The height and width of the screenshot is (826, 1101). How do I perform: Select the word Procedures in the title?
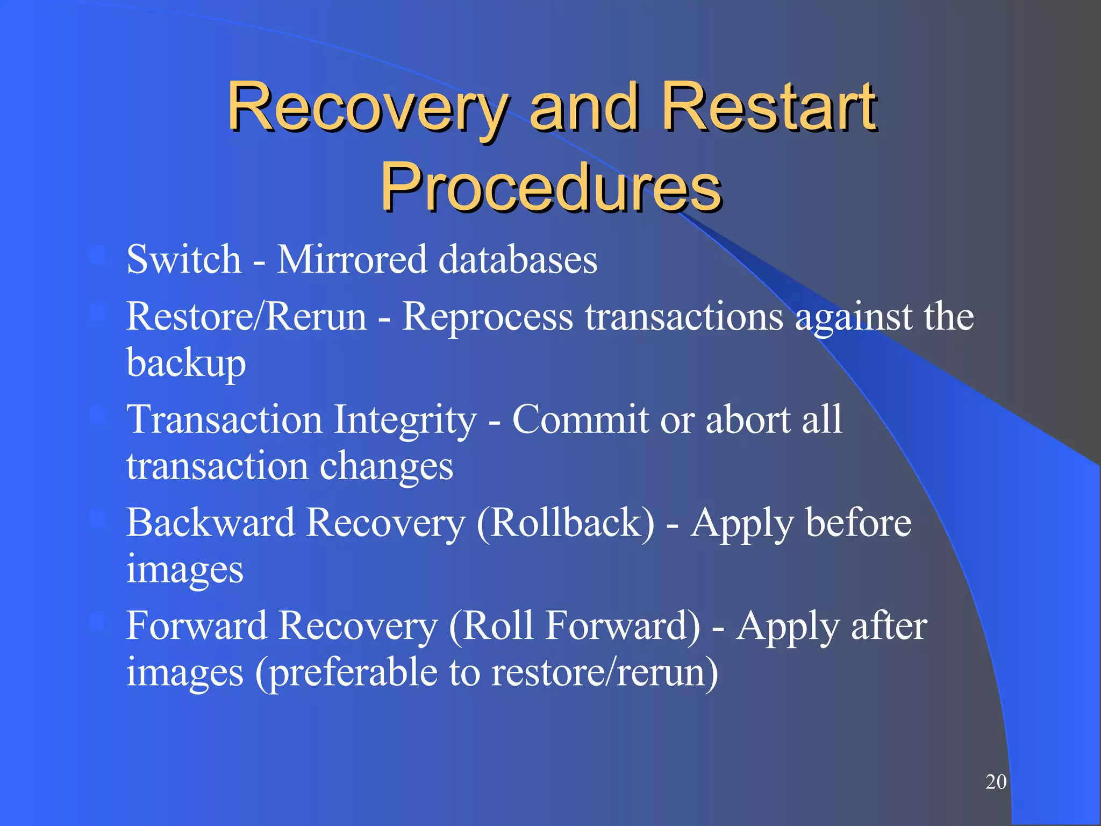tap(550, 187)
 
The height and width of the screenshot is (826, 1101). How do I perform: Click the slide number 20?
tap(996, 782)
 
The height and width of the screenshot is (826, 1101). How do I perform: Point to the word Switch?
tap(183, 259)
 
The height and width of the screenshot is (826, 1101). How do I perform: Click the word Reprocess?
tap(488, 317)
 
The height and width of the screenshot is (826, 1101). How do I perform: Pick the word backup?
tap(186, 364)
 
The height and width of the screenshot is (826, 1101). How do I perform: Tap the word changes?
tap(387, 467)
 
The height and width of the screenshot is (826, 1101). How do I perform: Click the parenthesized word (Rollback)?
tap(566, 523)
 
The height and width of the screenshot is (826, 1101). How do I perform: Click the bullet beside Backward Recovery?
tap(98, 518)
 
